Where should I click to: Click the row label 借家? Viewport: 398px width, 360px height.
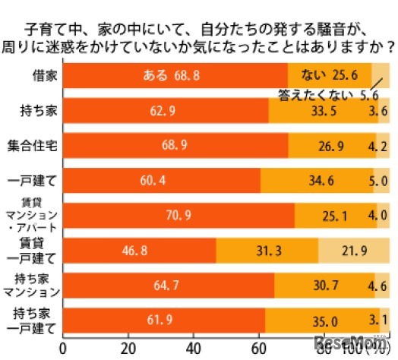tap(32, 77)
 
